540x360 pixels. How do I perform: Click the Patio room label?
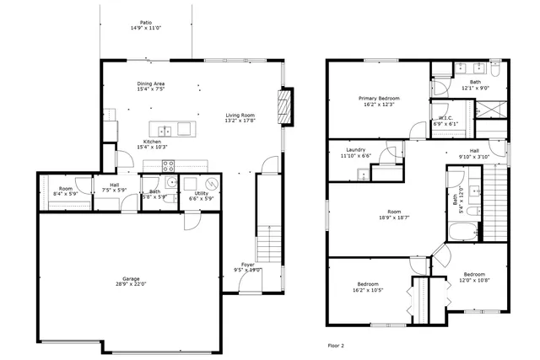[146, 25]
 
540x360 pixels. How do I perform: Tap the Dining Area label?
[151, 86]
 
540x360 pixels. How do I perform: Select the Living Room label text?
[240, 117]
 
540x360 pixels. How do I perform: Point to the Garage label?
[131, 281]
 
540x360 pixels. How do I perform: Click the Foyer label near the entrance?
[248, 267]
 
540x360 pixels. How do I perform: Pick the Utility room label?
[201, 195]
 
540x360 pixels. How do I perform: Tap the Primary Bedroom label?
[378, 101]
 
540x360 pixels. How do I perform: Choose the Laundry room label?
[355, 153]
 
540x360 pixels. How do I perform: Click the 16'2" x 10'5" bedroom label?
[367, 287]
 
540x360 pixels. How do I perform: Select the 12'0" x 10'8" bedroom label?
[472, 277]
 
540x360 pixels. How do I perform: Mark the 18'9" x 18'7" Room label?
[393, 214]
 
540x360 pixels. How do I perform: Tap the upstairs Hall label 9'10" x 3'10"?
[474, 153]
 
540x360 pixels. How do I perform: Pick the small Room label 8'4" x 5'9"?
[64, 191]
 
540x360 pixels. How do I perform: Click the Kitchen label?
[153, 144]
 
